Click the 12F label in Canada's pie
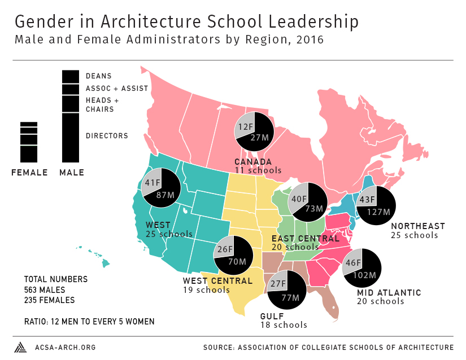(245, 127)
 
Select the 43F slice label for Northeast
(367, 200)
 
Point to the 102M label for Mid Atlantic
(364, 275)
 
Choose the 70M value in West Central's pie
(237, 261)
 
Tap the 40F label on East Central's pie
(299, 199)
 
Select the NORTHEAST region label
(418, 226)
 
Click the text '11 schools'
(258, 170)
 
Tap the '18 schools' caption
(284, 325)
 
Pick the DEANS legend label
(99, 76)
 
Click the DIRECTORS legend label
(107, 135)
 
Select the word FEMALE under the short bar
(29, 173)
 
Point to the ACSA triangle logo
(20, 346)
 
